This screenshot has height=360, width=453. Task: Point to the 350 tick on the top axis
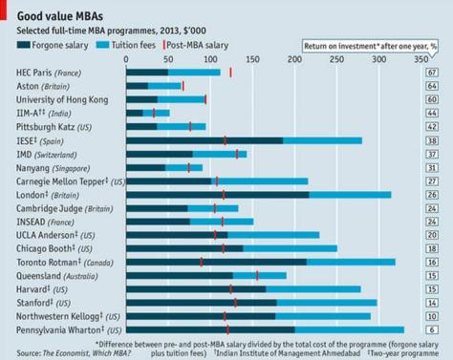[418, 59]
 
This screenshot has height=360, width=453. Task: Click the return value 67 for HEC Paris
[433, 73]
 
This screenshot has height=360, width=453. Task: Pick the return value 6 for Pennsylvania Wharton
[433, 328]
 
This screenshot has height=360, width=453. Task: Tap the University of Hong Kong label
[63, 99]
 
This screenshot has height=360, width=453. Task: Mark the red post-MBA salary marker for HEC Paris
[230, 73]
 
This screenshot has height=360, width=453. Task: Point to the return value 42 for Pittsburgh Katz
[433, 126]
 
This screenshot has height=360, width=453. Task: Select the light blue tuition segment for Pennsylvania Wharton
[349, 328]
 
